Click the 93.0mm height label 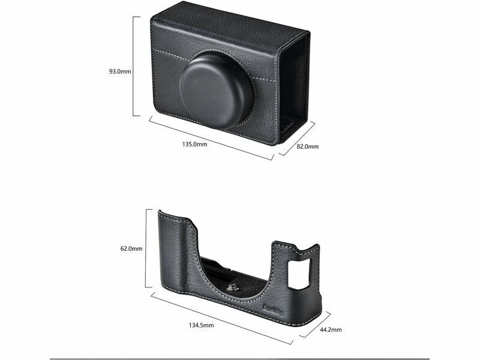click(x=120, y=71)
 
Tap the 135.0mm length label click(x=194, y=144)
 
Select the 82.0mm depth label click(x=307, y=146)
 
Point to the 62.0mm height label click(x=131, y=248)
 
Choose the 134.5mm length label click(x=201, y=325)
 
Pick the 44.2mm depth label click(x=331, y=329)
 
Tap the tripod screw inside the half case click(x=232, y=287)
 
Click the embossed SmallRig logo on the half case click(x=273, y=310)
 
